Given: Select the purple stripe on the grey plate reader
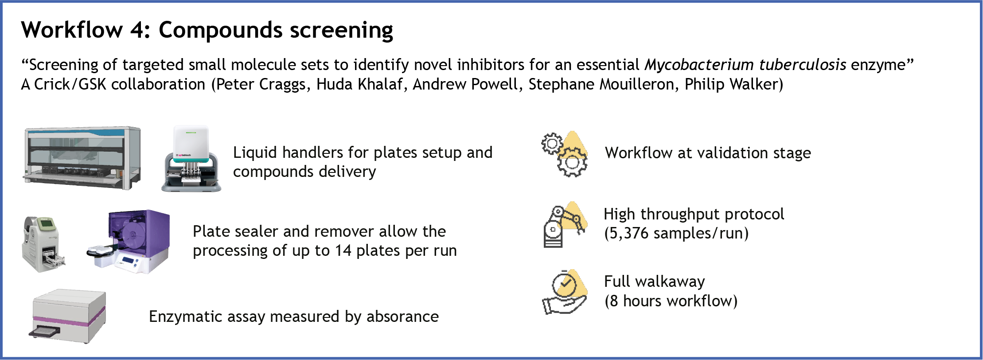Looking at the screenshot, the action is click(69, 318).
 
